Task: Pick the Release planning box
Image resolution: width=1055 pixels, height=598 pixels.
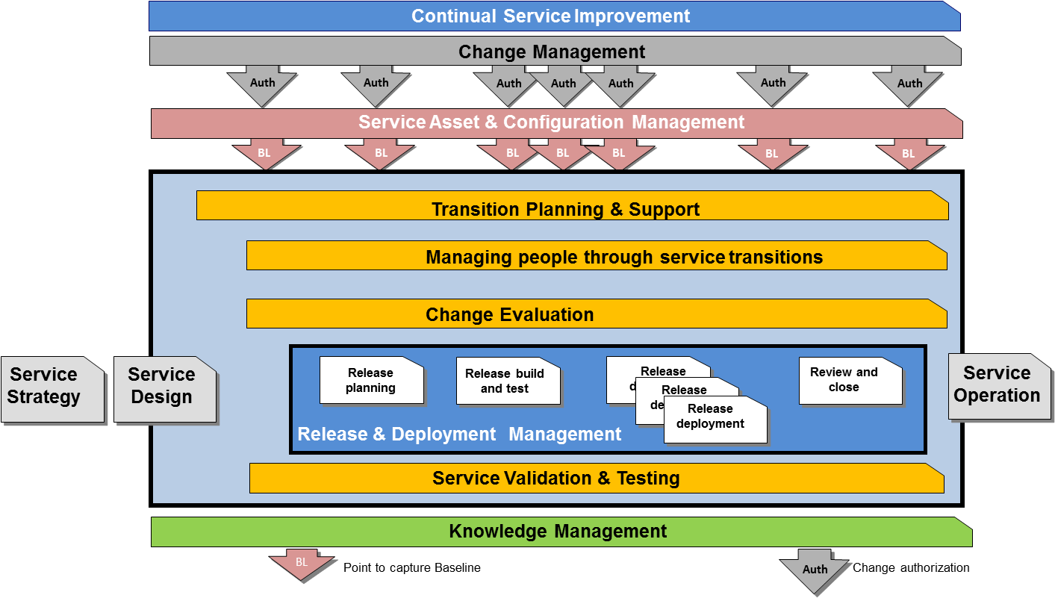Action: (371, 381)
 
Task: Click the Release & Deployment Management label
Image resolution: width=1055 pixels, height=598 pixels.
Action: (459, 435)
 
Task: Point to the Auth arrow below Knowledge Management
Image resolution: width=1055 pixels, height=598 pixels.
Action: (815, 570)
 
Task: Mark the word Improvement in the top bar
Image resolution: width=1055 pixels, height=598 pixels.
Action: (632, 16)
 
